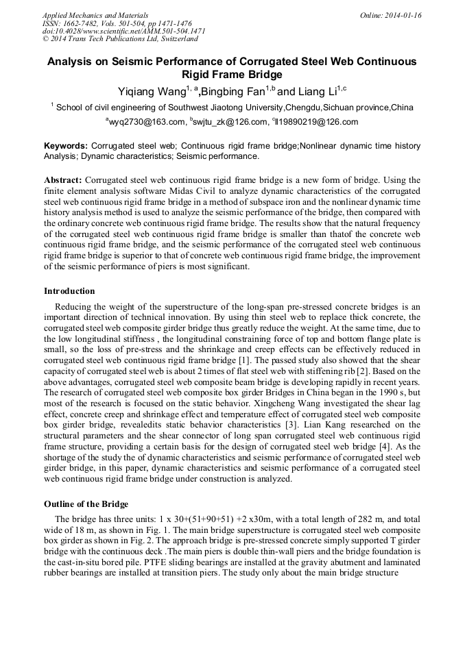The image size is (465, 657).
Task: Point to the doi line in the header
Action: tap(123, 32)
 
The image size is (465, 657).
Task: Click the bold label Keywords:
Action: tap(66, 146)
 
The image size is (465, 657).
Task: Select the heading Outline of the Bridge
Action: tap(86, 504)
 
